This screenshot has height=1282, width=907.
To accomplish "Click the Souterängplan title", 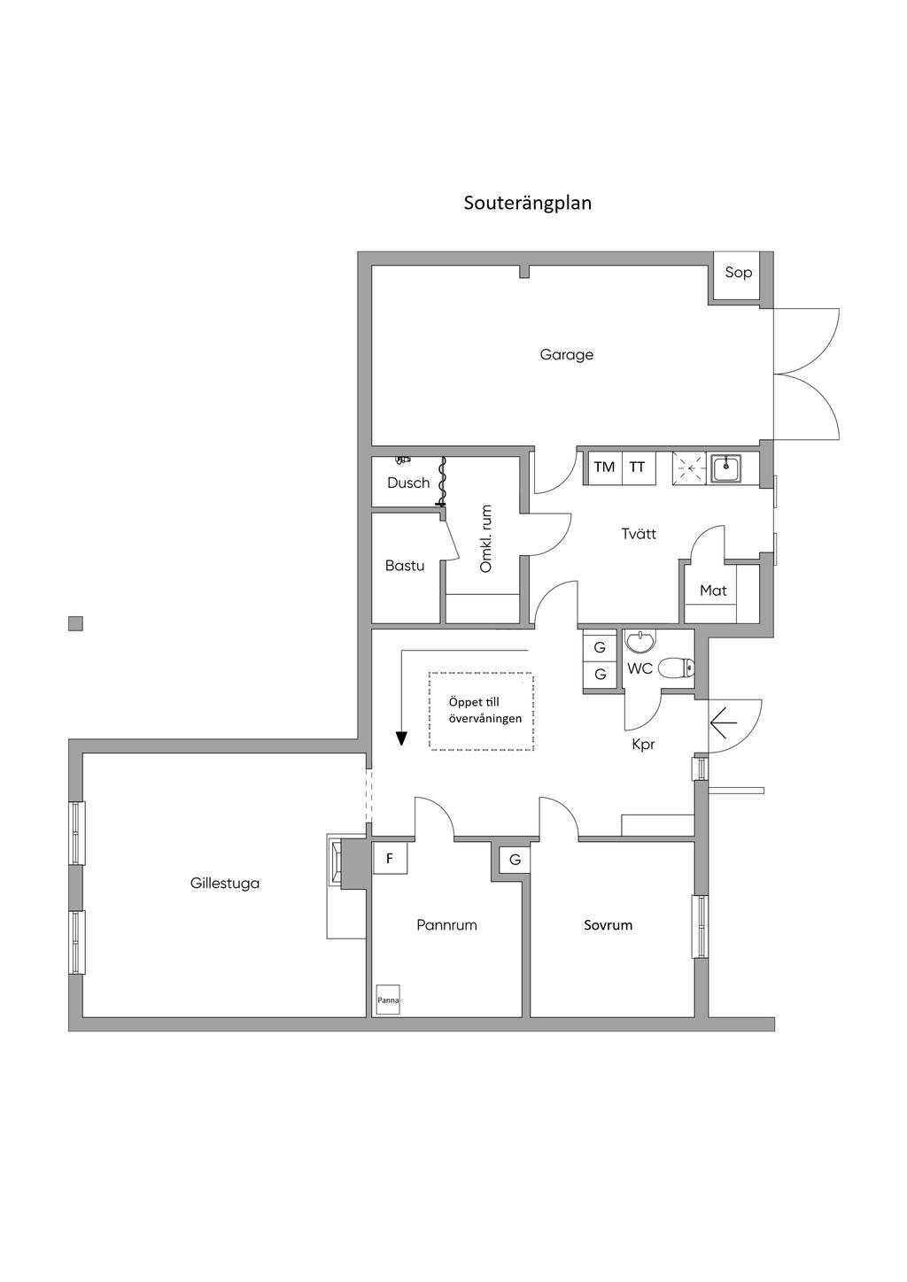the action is [x=527, y=204].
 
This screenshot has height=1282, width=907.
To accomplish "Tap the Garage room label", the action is [x=566, y=355].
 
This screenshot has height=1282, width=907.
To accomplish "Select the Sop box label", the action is [x=738, y=273].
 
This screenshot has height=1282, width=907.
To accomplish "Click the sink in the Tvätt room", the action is [x=726, y=468].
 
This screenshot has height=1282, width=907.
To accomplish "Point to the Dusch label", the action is [x=408, y=483].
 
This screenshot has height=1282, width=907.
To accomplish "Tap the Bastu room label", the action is [x=405, y=566].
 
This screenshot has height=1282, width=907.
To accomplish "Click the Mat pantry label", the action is [x=713, y=591].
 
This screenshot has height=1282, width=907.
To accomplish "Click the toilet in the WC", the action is [x=676, y=668].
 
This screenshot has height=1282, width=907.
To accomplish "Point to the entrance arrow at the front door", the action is [x=723, y=723].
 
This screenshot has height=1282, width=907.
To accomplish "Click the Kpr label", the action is [x=643, y=745].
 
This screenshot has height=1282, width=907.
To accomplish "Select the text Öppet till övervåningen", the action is [x=485, y=710].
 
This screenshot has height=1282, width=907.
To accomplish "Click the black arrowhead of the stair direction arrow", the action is [x=401, y=739].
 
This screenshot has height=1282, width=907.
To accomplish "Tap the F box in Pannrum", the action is [x=390, y=858].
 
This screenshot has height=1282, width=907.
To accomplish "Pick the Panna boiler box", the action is [x=388, y=1000].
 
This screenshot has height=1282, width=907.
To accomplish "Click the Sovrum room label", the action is [x=609, y=925].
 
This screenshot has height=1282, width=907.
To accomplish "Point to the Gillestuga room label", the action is [x=225, y=883].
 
